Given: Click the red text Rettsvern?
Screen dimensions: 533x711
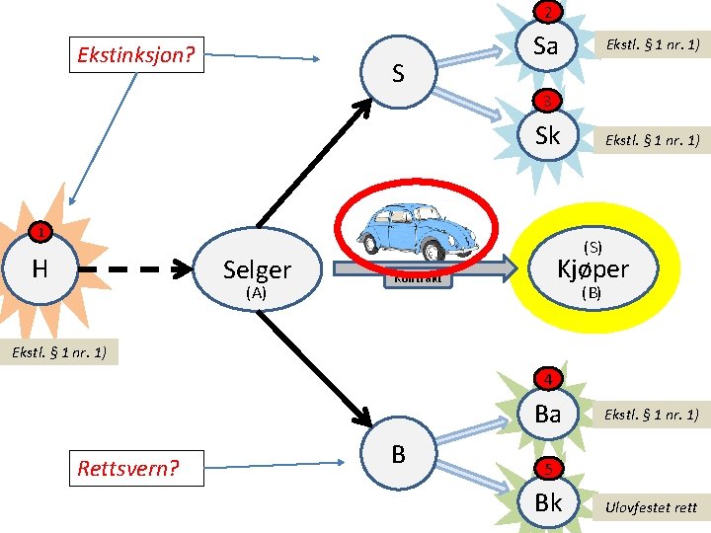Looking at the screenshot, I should click(129, 466).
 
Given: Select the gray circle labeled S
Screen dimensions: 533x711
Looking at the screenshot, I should click(397, 72).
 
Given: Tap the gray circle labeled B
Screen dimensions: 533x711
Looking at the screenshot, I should click(398, 454).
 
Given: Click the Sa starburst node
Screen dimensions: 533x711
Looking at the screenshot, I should click(546, 45).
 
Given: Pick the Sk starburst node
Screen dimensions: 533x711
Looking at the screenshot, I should click(547, 136).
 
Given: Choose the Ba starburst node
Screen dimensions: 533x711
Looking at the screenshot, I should click(547, 415).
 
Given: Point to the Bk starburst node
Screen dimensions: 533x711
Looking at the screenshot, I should click(547, 502).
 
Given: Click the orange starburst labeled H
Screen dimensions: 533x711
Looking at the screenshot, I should click(40, 266).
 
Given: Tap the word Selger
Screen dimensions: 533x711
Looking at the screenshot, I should click(257, 269).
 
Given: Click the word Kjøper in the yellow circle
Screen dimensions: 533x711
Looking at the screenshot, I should click(592, 268).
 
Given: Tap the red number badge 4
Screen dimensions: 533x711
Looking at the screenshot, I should click(550, 379).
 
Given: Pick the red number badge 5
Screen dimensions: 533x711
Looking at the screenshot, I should click(550, 468).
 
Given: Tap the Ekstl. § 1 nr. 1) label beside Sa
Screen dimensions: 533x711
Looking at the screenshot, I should click(652, 45).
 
